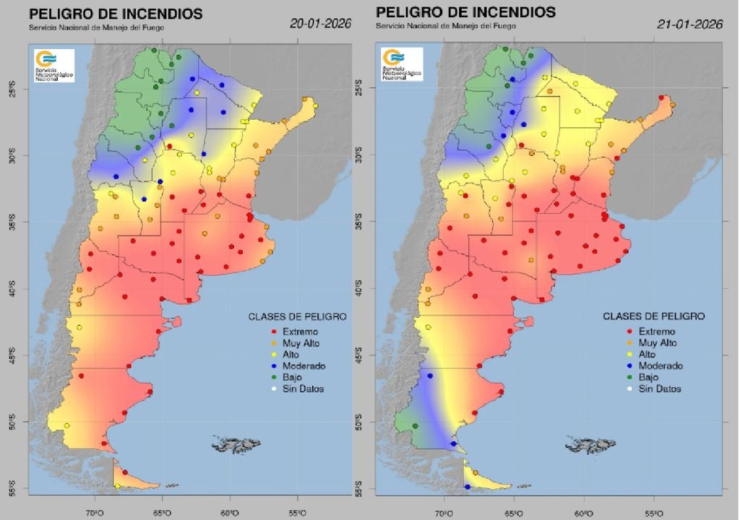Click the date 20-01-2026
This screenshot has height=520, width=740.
coord(320,23)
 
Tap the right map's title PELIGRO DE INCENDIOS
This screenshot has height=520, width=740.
coord(465,12)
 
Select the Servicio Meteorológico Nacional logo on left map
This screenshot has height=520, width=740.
coord(53,65)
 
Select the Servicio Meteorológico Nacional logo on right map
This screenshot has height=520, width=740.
coord(403,64)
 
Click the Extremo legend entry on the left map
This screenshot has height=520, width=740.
coord(297,331)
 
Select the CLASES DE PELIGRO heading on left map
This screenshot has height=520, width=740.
coord(297,316)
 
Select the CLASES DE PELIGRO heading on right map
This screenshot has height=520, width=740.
coord(653,316)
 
